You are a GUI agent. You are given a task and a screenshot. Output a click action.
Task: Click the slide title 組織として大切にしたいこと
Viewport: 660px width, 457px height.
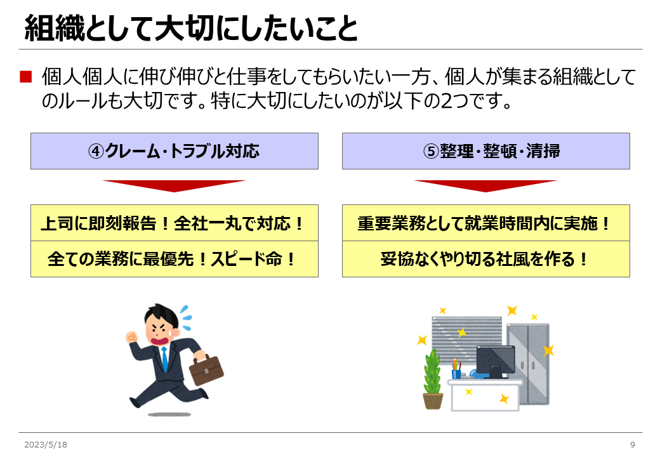(190, 28)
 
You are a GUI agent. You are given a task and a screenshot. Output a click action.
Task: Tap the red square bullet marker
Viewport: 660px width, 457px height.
(25, 77)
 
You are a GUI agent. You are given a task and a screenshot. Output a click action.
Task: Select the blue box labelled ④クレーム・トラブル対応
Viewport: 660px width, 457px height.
(175, 151)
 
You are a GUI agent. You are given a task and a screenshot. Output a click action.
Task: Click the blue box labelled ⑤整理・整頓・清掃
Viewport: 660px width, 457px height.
(485, 151)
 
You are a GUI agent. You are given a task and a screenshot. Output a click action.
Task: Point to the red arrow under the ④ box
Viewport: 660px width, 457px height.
(175, 185)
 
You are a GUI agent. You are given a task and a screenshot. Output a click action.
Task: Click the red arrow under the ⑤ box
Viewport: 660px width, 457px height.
(485, 185)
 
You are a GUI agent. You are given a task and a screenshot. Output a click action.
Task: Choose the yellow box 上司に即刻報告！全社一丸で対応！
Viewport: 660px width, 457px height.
(175, 223)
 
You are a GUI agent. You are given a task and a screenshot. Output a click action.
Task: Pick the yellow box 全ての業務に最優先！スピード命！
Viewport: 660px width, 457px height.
(175, 259)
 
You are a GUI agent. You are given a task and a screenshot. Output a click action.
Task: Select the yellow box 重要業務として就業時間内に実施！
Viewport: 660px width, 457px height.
(485, 223)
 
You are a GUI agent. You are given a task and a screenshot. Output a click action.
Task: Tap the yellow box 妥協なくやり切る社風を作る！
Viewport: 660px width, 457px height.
(485, 259)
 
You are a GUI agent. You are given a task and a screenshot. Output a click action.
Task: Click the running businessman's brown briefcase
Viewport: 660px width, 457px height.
(206, 369)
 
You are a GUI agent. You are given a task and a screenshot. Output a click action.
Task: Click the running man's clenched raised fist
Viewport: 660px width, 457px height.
(132, 337)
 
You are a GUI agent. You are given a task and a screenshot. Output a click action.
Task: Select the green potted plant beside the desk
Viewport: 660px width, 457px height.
(433, 379)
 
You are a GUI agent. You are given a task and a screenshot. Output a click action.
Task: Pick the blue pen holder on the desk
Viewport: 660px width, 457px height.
(456, 373)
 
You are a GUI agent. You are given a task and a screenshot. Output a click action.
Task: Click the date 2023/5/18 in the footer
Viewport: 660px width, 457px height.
(46, 444)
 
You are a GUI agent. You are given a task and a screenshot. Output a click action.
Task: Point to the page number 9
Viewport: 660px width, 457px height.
(632, 444)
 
